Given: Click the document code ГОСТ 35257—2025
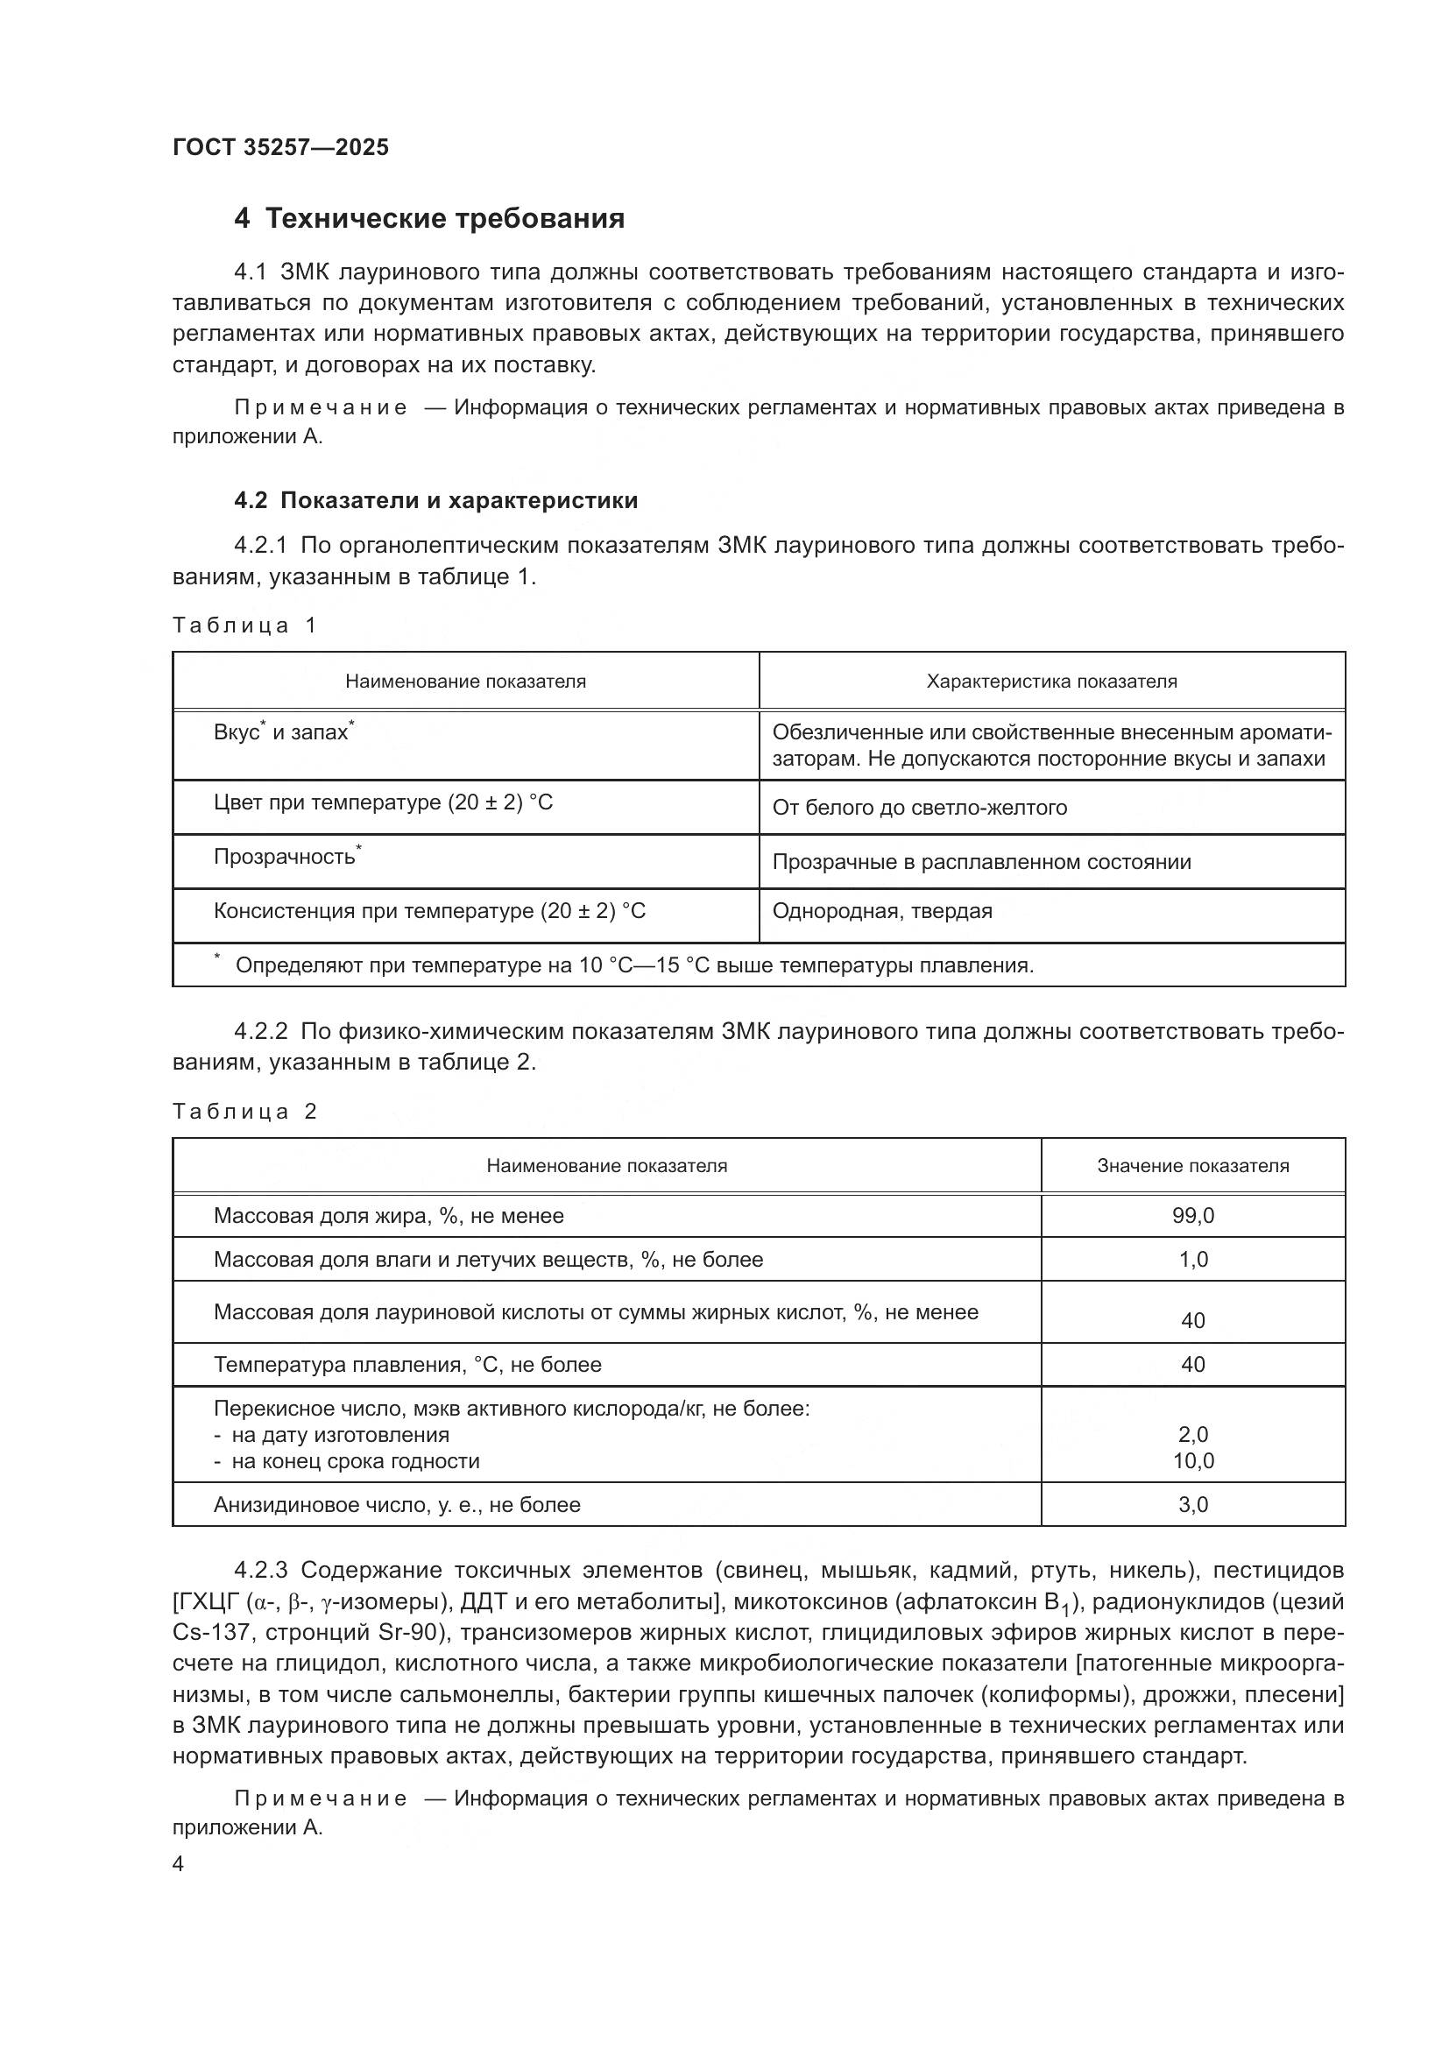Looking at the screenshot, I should point(280,147).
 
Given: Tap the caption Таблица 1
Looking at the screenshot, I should point(244,625).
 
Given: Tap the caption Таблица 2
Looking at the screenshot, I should point(244,1111).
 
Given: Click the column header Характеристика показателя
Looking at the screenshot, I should point(1051,682).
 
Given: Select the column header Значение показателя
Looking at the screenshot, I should point(1192,1165).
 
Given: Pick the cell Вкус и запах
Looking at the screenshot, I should point(284,732).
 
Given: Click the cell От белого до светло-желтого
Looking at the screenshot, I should point(919,808).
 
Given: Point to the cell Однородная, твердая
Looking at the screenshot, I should point(881,911).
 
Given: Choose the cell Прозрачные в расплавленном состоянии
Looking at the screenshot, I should point(981,862).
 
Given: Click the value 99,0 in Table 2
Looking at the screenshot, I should point(1192,1216).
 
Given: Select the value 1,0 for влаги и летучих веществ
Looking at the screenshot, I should point(1192,1259).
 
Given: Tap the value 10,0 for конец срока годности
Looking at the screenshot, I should point(1192,1461).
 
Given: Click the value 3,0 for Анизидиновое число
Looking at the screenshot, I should point(1192,1505).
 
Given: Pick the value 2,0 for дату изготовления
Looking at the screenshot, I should point(1192,1434).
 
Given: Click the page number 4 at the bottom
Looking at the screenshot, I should point(179,1864).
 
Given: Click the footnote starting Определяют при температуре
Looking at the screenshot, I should point(633,964).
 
